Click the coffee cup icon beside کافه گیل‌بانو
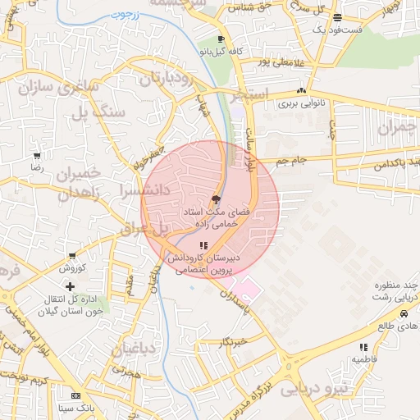221,39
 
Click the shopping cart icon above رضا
36,156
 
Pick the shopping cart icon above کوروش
72,256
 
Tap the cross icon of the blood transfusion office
70,286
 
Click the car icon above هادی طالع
404,314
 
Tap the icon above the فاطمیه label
363,348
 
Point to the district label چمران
397,129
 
